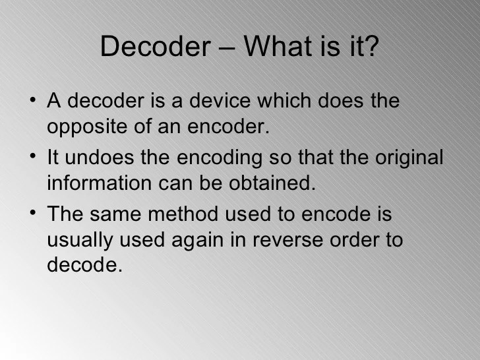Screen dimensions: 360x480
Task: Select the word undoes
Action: pos(106,160)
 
